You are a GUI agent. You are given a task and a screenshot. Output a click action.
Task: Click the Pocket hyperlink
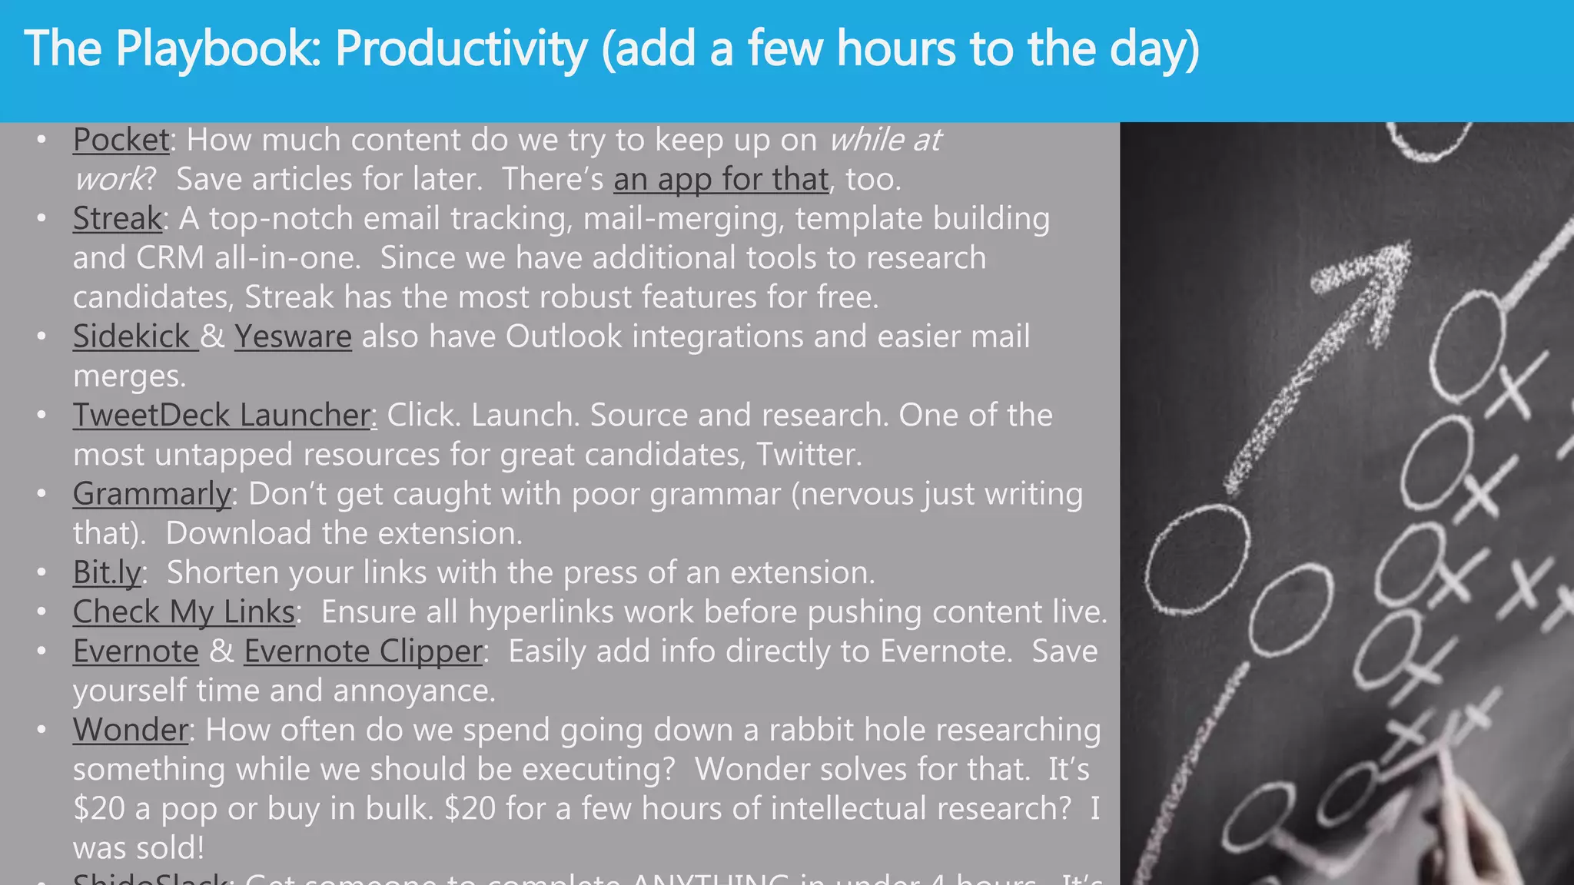point(121,141)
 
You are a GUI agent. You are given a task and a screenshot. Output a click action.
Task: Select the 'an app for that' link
point(720,180)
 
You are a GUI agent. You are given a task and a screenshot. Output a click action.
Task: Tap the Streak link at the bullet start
point(117,219)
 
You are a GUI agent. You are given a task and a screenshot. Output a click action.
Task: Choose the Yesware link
point(293,337)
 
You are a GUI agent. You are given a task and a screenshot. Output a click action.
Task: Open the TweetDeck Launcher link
point(221,416)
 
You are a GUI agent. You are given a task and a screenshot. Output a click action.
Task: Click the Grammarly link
point(151,494)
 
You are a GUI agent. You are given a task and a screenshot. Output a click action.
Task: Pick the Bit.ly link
point(107,573)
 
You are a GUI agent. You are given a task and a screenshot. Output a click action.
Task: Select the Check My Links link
point(184,612)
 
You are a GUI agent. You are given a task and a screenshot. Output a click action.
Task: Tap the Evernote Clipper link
point(363,651)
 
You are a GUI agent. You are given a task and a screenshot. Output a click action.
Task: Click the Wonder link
point(131,731)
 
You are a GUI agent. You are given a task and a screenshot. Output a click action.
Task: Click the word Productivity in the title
point(461,49)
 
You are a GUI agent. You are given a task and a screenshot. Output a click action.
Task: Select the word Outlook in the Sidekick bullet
point(563,337)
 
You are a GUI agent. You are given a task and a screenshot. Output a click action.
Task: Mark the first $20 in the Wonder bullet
point(98,809)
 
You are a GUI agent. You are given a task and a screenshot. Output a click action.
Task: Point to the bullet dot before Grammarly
point(42,493)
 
